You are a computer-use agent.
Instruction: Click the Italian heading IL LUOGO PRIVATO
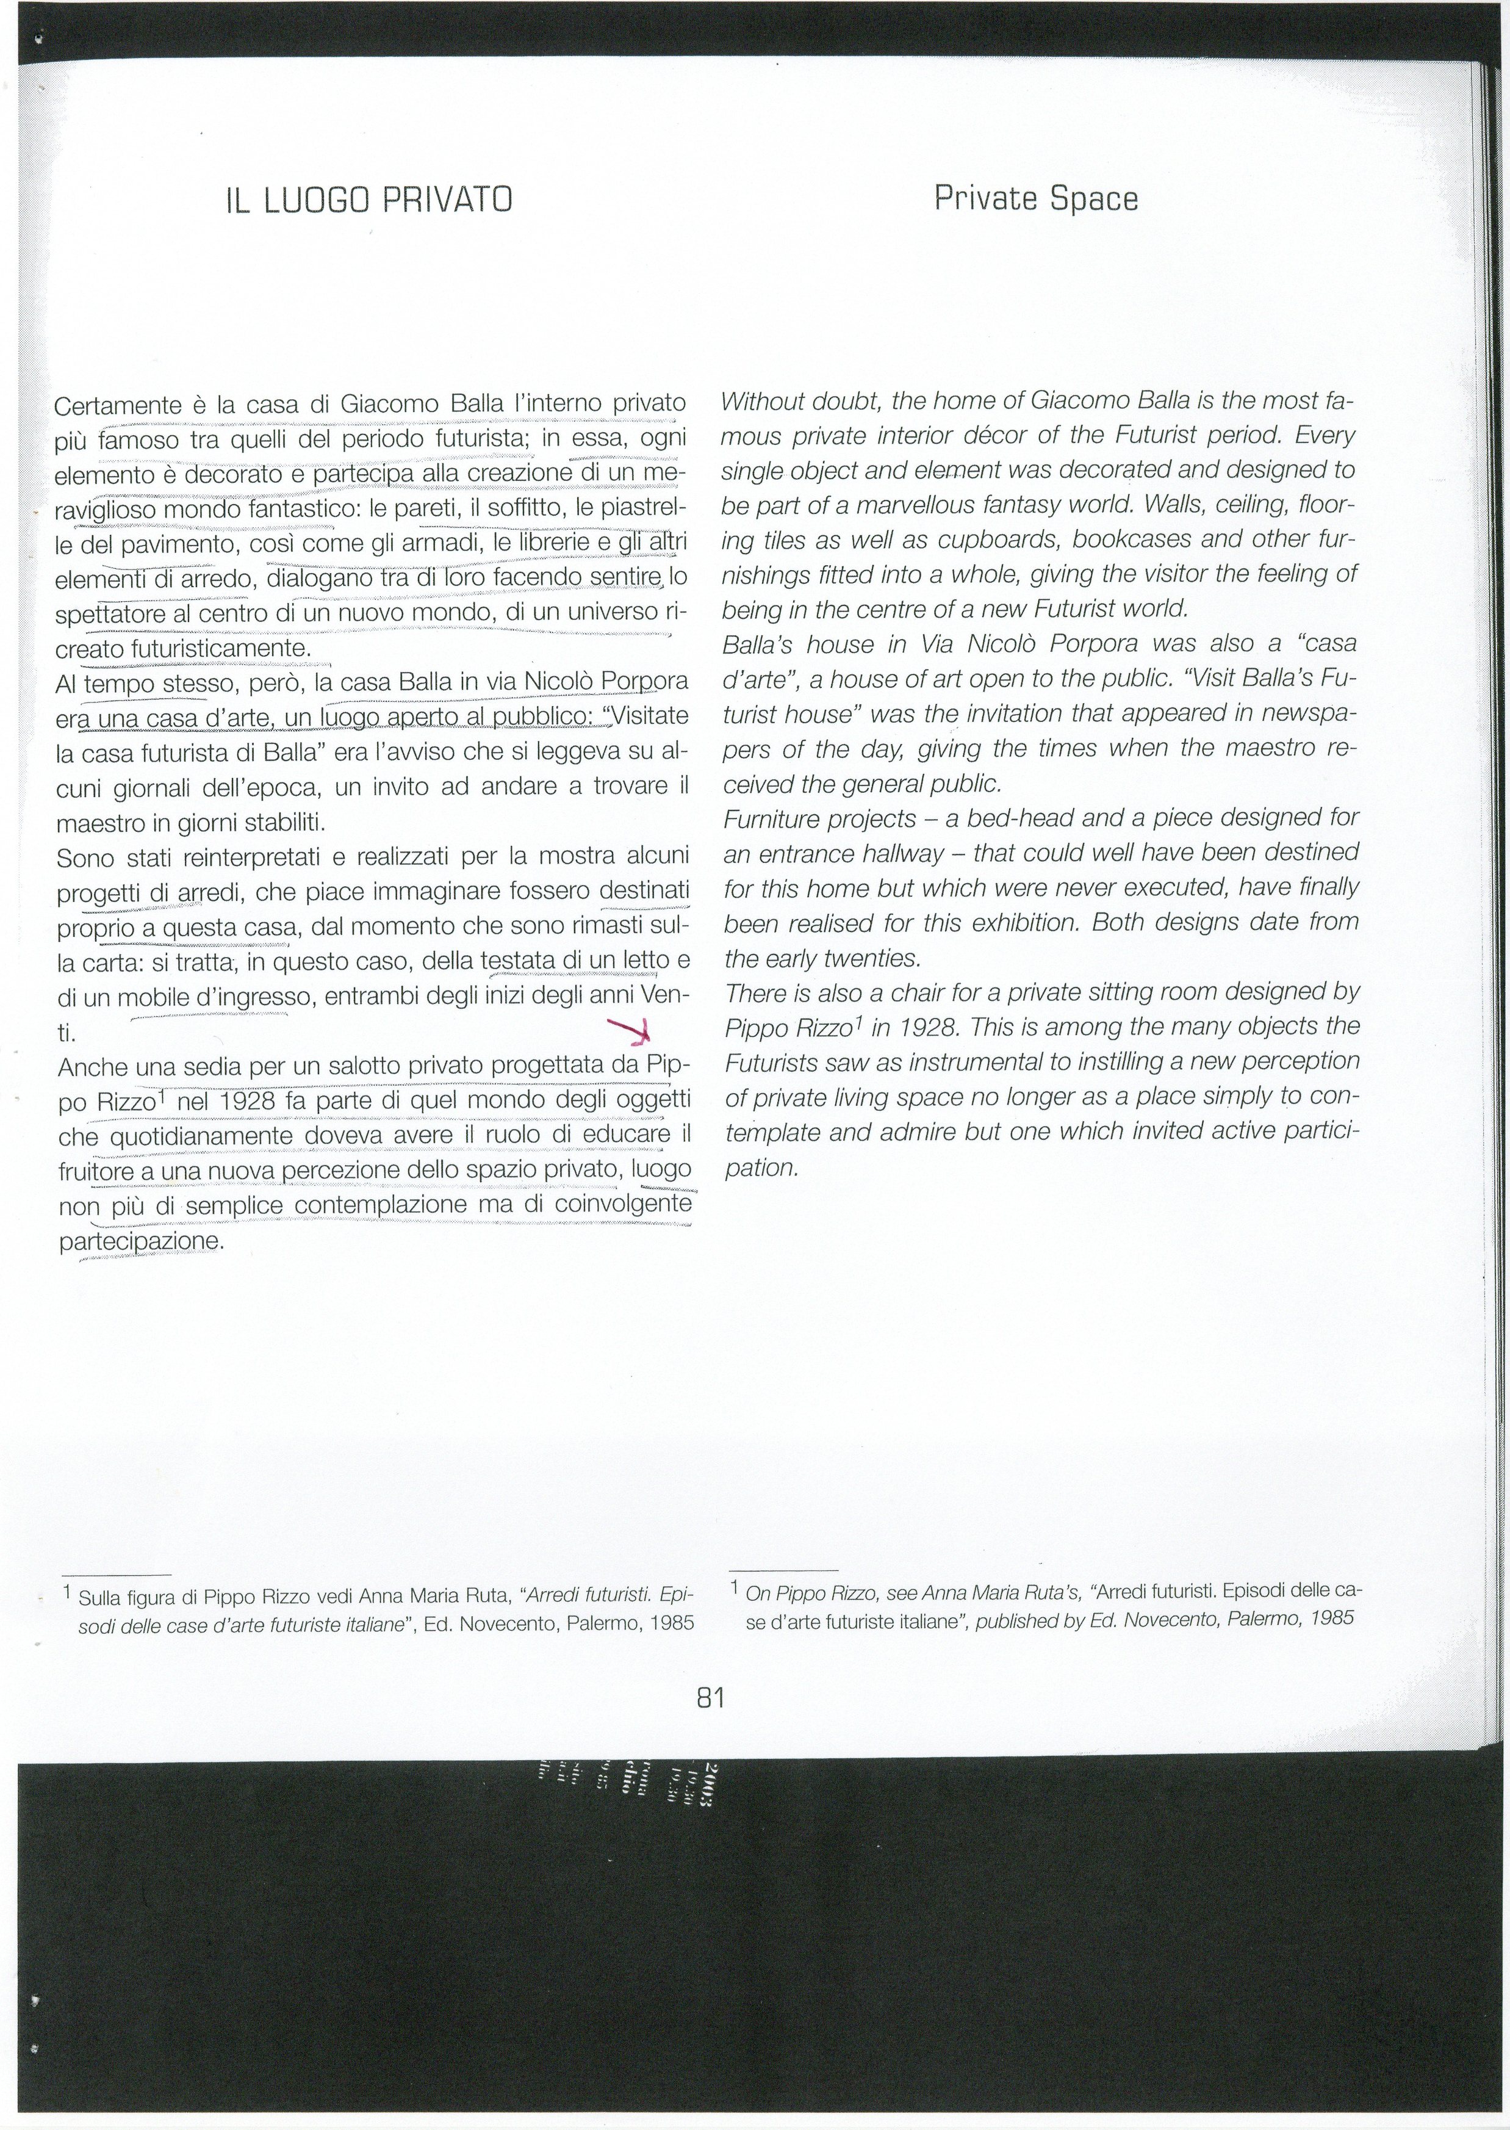369,200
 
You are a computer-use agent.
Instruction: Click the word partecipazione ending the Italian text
140,1243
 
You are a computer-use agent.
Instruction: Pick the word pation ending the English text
761,1168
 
